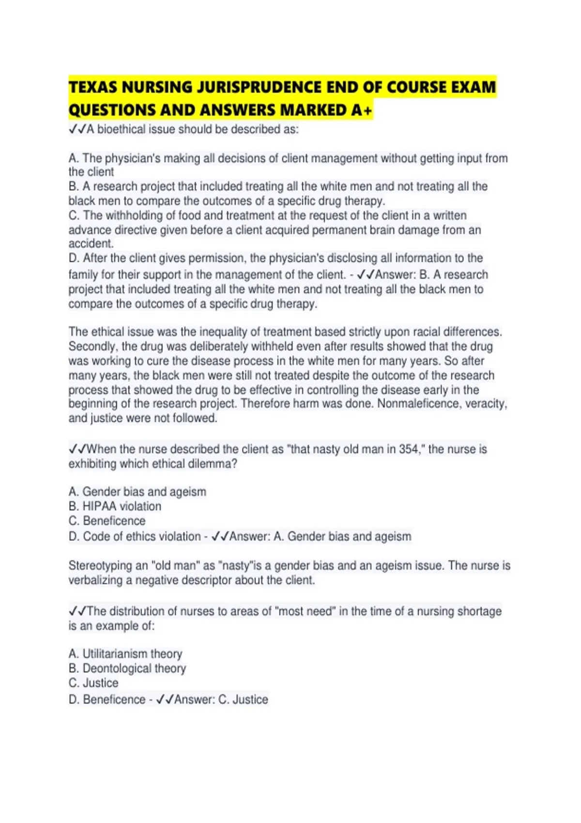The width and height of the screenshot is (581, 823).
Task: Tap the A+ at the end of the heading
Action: point(362,110)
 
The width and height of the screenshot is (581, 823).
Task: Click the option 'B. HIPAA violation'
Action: point(115,506)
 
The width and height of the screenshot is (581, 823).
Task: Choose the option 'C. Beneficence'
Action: point(107,521)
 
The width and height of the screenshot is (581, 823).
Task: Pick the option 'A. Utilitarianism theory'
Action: point(125,654)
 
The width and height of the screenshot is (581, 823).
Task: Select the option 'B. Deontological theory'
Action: point(127,669)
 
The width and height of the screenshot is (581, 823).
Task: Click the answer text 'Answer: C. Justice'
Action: point(221,700)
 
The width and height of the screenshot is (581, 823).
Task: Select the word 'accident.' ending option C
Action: point(91,244)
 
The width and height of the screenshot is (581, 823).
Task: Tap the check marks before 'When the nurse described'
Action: point(77,449)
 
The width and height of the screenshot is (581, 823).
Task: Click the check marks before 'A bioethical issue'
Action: point(77,130)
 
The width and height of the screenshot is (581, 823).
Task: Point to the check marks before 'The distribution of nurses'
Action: point(77,611)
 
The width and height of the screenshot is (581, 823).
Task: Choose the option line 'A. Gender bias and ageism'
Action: point(138,492)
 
